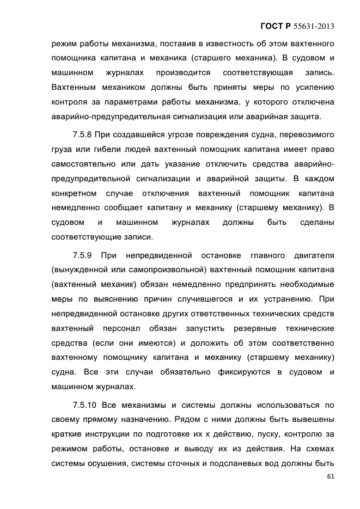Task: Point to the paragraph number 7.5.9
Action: pyautogui.click(x=85, y=254)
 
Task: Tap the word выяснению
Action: pyautogui.click(x=122, y=299)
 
